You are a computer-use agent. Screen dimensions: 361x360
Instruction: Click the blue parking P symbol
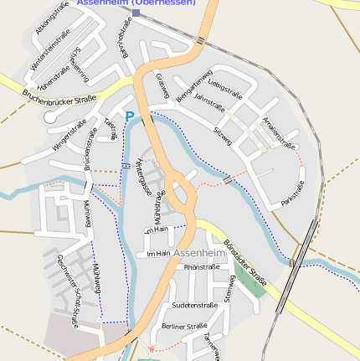coord(129,117)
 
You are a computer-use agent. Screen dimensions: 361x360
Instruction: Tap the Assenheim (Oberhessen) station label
coord(136,3)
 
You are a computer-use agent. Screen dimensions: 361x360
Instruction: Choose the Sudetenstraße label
coord(194,306)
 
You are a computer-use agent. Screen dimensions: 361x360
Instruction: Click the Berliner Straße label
coord(184,326)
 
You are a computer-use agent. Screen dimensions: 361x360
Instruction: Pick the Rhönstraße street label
coord(201,267)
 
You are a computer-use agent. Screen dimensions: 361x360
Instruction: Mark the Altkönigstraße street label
coord(52,18)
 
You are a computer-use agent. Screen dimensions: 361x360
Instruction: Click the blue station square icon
coord(136,13)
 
